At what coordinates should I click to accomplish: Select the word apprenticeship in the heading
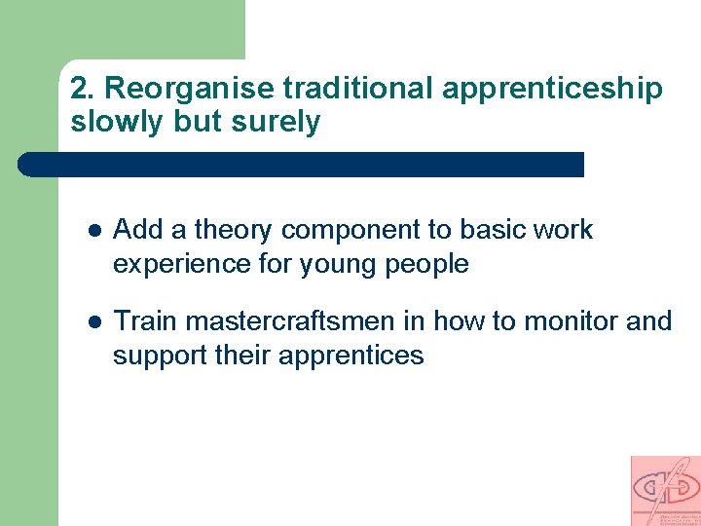coord(552,90)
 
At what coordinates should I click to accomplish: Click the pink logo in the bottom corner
coord(665,490)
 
